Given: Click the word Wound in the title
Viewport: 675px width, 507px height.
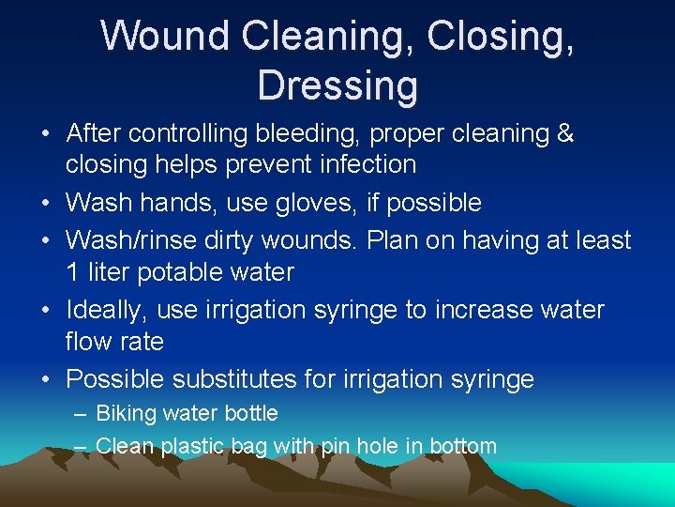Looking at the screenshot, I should (164, 36).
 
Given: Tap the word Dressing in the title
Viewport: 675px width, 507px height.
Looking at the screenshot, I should (337, 84).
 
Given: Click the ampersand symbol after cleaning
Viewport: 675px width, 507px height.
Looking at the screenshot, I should (564, 133).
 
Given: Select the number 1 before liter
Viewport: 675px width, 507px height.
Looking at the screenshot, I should (72, 273).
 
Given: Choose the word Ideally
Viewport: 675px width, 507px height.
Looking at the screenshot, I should (107, 310).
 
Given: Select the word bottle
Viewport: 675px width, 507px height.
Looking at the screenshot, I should (253, 413).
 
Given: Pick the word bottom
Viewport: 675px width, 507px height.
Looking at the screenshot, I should (463, 446).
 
